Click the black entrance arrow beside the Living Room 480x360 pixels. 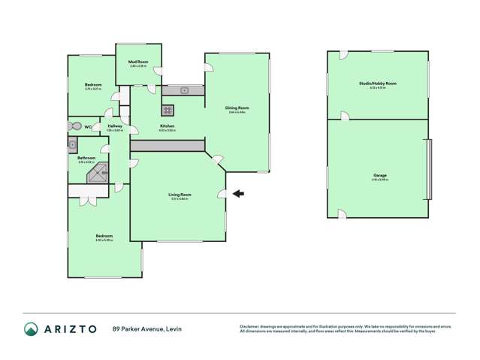click(x=238, y=194)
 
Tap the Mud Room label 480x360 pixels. click(x=137, y=62)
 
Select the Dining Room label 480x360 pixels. click(x=237, y=108)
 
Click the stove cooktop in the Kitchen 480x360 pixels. click(x=168, y=108)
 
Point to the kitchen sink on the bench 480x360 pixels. click(x=184, y=91)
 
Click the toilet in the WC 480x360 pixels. click(x=74, y=126)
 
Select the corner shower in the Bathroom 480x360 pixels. click(x=97, y=177)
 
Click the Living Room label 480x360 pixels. click(x=180, y=195)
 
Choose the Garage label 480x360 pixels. click(x=379, y=175)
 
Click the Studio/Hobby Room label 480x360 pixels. click(x=379, y=83)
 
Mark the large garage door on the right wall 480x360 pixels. click(x=429, y=169)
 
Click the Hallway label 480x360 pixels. click(x=114, y=126)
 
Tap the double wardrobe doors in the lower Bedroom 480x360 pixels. click(x=89, y=201)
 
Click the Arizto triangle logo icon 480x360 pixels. click(x=31, y=328)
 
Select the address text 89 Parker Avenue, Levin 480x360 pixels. click(x=147, y=328)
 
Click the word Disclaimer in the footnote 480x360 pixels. click(x=250, y=325)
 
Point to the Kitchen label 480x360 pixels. click(x=167, y=126)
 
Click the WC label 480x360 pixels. click(x=88, y=126)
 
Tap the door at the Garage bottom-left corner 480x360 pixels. click(x=342, y=214)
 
